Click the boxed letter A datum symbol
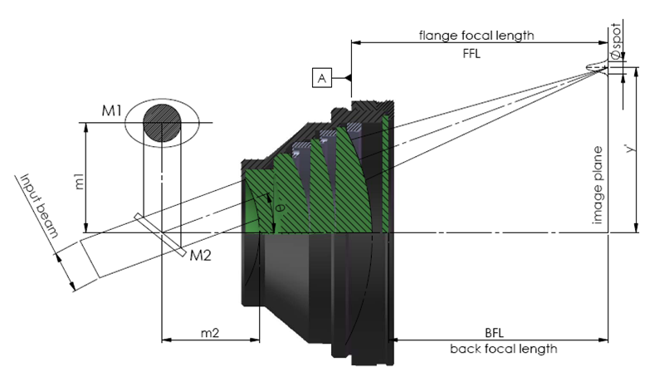322,78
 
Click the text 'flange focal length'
476,36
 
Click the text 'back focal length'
504,348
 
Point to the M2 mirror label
200,256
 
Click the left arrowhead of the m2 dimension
163,340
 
